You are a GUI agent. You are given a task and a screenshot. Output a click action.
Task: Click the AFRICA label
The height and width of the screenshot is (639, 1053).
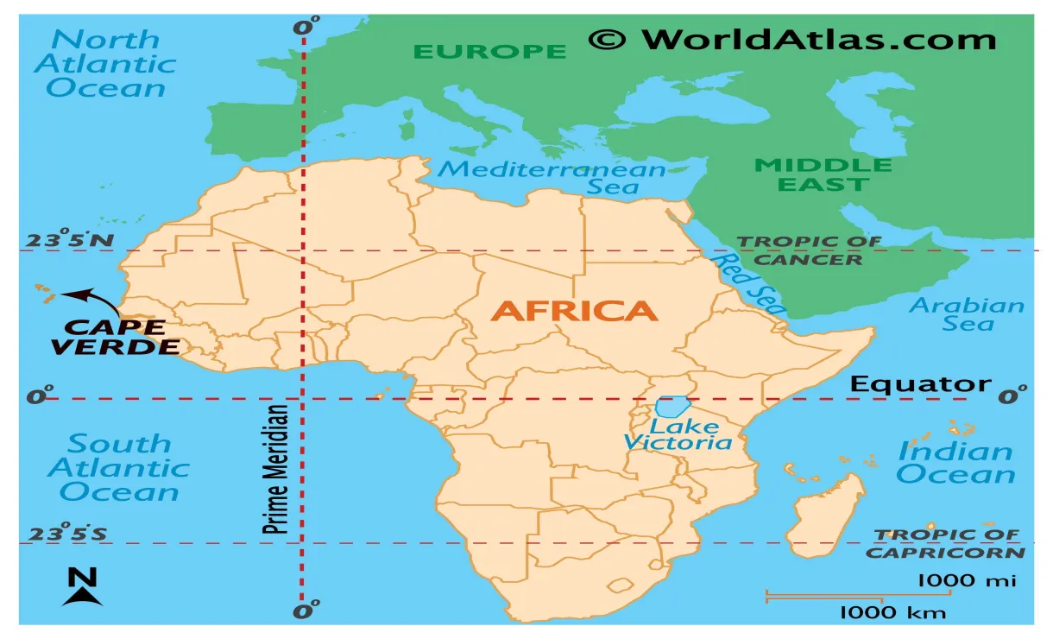(x=574, y=311)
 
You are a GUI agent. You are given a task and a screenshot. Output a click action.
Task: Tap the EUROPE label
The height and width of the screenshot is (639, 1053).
(x=489, y=51)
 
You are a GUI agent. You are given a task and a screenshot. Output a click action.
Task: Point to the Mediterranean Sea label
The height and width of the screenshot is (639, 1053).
(x=552, y=177)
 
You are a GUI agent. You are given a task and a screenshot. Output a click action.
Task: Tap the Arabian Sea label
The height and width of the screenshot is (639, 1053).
(x=967, y=314)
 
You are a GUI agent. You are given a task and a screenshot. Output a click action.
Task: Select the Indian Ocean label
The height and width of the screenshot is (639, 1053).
(x=955, y=462)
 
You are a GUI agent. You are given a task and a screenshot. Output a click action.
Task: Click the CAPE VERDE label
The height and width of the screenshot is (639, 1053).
(x=116, y=337)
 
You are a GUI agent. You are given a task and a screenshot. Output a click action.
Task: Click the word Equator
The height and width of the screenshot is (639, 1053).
(x=920, y=384)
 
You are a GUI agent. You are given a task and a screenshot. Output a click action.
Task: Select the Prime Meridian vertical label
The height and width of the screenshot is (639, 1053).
(x=276, y=469)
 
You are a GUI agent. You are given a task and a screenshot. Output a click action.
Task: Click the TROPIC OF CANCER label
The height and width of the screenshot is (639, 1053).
(x=808, y=250)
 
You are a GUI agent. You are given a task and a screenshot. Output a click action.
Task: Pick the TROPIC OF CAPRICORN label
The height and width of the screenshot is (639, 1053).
(x=946, y=544)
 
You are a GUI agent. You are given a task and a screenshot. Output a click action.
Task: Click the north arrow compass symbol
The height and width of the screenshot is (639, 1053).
(x=82, y=587)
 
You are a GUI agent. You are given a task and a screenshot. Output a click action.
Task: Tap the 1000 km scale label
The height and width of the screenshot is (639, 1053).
(x=893, y=613)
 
